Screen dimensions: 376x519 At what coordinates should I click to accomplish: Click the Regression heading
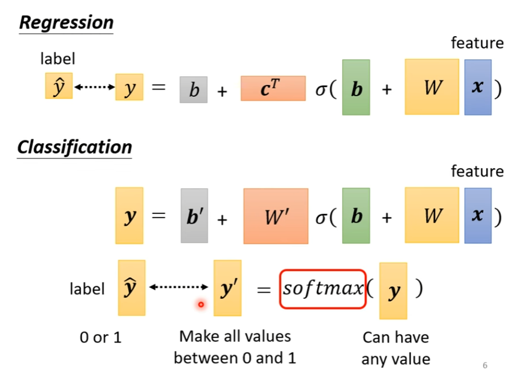coord(66,23)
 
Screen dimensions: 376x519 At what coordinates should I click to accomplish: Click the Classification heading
coord(75,147)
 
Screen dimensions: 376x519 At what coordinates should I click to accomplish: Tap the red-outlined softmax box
coord(323,289)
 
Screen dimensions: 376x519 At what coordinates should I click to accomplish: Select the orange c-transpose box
coord(273,89)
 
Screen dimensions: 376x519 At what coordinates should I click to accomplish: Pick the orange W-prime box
coord(275,216)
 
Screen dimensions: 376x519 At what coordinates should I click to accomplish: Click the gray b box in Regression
coord(194,89)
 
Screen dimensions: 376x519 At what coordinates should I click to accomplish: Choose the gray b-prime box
coord(194,216)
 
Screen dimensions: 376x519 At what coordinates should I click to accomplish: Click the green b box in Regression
coord(356,88)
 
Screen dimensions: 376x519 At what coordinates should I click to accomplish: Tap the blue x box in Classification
coord(477,215)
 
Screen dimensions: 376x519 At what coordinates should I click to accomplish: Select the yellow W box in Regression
coord(431,87)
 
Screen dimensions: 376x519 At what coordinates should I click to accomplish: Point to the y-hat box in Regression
coord(58,86)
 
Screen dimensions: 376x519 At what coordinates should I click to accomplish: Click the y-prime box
coord(227,288)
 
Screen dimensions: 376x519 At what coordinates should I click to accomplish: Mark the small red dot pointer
coord(201,305)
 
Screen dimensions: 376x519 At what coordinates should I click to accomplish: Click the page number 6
coord(485,365)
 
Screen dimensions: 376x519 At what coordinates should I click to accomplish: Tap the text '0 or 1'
coord(101,338)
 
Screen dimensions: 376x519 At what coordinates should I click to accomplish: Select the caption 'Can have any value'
coord(396,348)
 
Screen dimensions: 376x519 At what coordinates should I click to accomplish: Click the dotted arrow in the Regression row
coord(94,87)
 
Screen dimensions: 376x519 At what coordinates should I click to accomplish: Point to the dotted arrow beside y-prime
coord(179,287)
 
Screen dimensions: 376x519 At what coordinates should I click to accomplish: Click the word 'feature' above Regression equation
coord(477,43)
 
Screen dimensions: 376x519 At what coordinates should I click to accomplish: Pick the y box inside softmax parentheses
coord(393,291)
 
